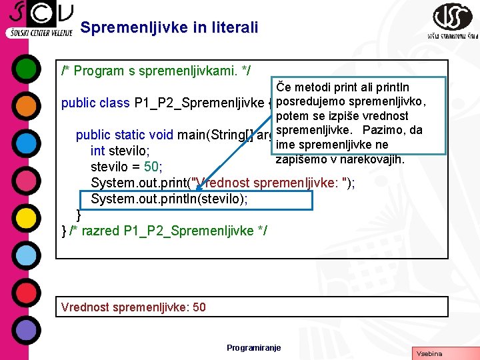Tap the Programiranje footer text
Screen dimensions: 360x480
[x=253, y=347]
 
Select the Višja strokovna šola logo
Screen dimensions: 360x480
[x=453, y=21]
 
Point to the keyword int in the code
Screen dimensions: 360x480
[x=97, y=151]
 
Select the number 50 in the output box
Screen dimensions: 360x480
[x=198, y=307]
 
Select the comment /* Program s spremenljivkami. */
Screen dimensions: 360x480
[x=156, y=69]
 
